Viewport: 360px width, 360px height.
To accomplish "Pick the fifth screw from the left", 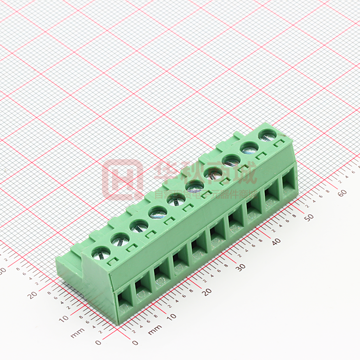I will pos(176,200).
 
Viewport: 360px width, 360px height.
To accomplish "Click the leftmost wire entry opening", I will pos(124,302).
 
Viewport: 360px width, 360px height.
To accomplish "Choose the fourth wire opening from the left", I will pos(180,262).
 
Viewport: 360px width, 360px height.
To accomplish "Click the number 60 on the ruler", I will pos(342,193).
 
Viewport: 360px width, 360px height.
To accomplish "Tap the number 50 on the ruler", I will pos(309,217).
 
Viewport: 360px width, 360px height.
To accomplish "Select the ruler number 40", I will pos(276,241).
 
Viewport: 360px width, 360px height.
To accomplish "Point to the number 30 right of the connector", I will pos(241,267).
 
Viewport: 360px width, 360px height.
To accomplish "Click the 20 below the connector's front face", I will pos(207,292).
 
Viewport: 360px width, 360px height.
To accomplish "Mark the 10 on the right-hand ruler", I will pos(170,318).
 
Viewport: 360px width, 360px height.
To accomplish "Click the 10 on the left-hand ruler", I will pos(63,320).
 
